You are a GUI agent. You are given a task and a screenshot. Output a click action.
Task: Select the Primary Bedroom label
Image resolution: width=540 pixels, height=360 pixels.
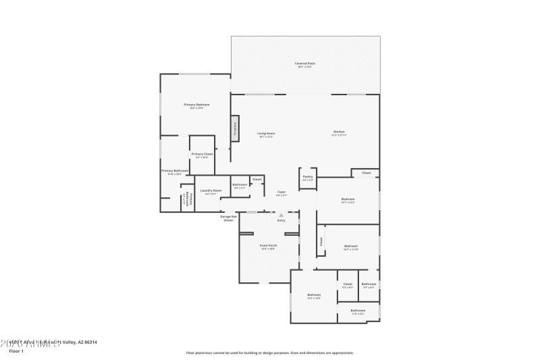point(197,105)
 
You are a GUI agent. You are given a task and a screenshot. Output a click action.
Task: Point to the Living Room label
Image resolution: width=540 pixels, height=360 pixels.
point(266,134)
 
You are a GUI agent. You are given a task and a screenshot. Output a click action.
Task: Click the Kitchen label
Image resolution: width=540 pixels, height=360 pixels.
point(339,132)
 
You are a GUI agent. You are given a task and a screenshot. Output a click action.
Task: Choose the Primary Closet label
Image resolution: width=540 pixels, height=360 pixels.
point(202,155)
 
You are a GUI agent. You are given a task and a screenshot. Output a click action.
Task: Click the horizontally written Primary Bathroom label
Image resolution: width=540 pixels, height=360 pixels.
point(174,172)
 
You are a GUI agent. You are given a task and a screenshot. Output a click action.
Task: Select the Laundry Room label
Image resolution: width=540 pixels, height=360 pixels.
point(211,191)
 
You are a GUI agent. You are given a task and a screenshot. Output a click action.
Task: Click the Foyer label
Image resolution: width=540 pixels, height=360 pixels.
point(281,192)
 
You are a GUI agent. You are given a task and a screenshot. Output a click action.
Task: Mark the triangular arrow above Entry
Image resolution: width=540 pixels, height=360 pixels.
point(281,215)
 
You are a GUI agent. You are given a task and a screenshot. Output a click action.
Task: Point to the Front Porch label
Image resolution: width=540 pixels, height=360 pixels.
point(269,246)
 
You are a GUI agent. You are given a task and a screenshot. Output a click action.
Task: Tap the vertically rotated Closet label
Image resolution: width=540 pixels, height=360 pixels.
point(320,242)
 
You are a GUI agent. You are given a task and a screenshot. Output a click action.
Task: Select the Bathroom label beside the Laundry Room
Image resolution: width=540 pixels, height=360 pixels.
point(240,185)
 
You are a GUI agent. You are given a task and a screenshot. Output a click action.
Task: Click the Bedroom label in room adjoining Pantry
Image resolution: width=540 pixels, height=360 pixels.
point(348,200)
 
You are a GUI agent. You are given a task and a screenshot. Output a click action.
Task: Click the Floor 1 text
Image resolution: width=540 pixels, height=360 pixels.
point(16,351)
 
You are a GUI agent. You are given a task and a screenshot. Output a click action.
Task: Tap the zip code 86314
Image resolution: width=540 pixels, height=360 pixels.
point(90,342)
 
